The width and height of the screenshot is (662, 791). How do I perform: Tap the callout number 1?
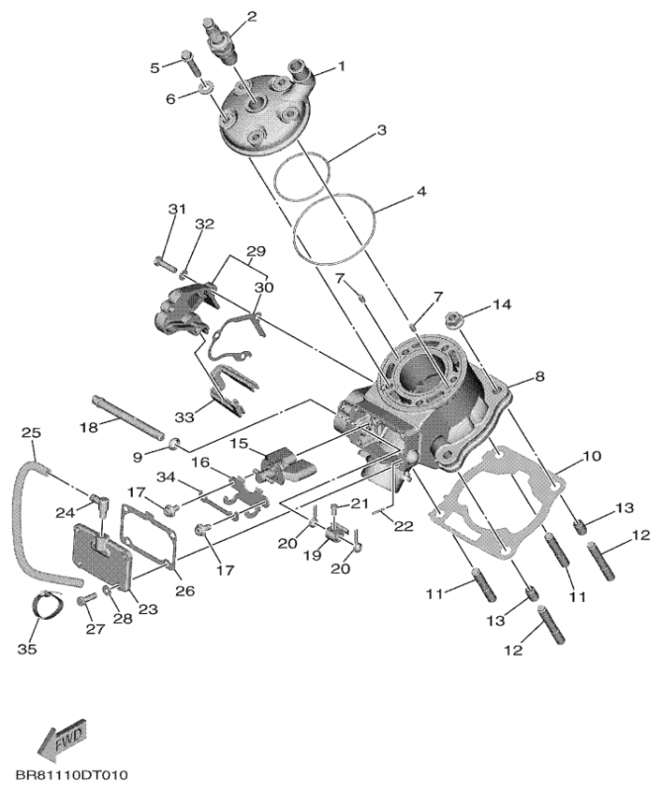click(341, 67)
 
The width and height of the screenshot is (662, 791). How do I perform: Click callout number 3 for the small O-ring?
click(380, 130)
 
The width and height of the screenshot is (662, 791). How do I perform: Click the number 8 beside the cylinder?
click(539, 376)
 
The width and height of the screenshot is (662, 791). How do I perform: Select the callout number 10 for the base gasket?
click(591, 456)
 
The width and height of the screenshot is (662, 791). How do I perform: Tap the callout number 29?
click(255, 252)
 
